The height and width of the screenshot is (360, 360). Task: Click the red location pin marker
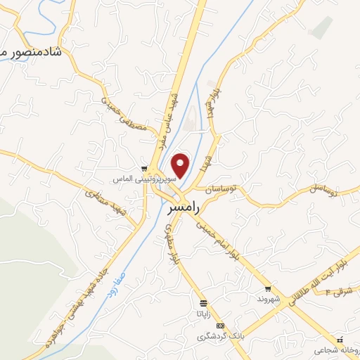pyautogui.click(x=181, y=166)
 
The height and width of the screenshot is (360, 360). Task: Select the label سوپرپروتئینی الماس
pyautogui.click(x=144, y=180)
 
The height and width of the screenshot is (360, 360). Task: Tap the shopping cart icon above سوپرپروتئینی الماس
pyautogui.click(x=144, y=169)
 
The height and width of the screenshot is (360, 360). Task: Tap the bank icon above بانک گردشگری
pyautogui.click(x=221, y=326)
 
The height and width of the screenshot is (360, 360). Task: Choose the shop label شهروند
pyautogui.click(x=268, y=299)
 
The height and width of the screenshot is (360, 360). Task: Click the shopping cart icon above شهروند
pyautogui.click(x=268, y=288)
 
